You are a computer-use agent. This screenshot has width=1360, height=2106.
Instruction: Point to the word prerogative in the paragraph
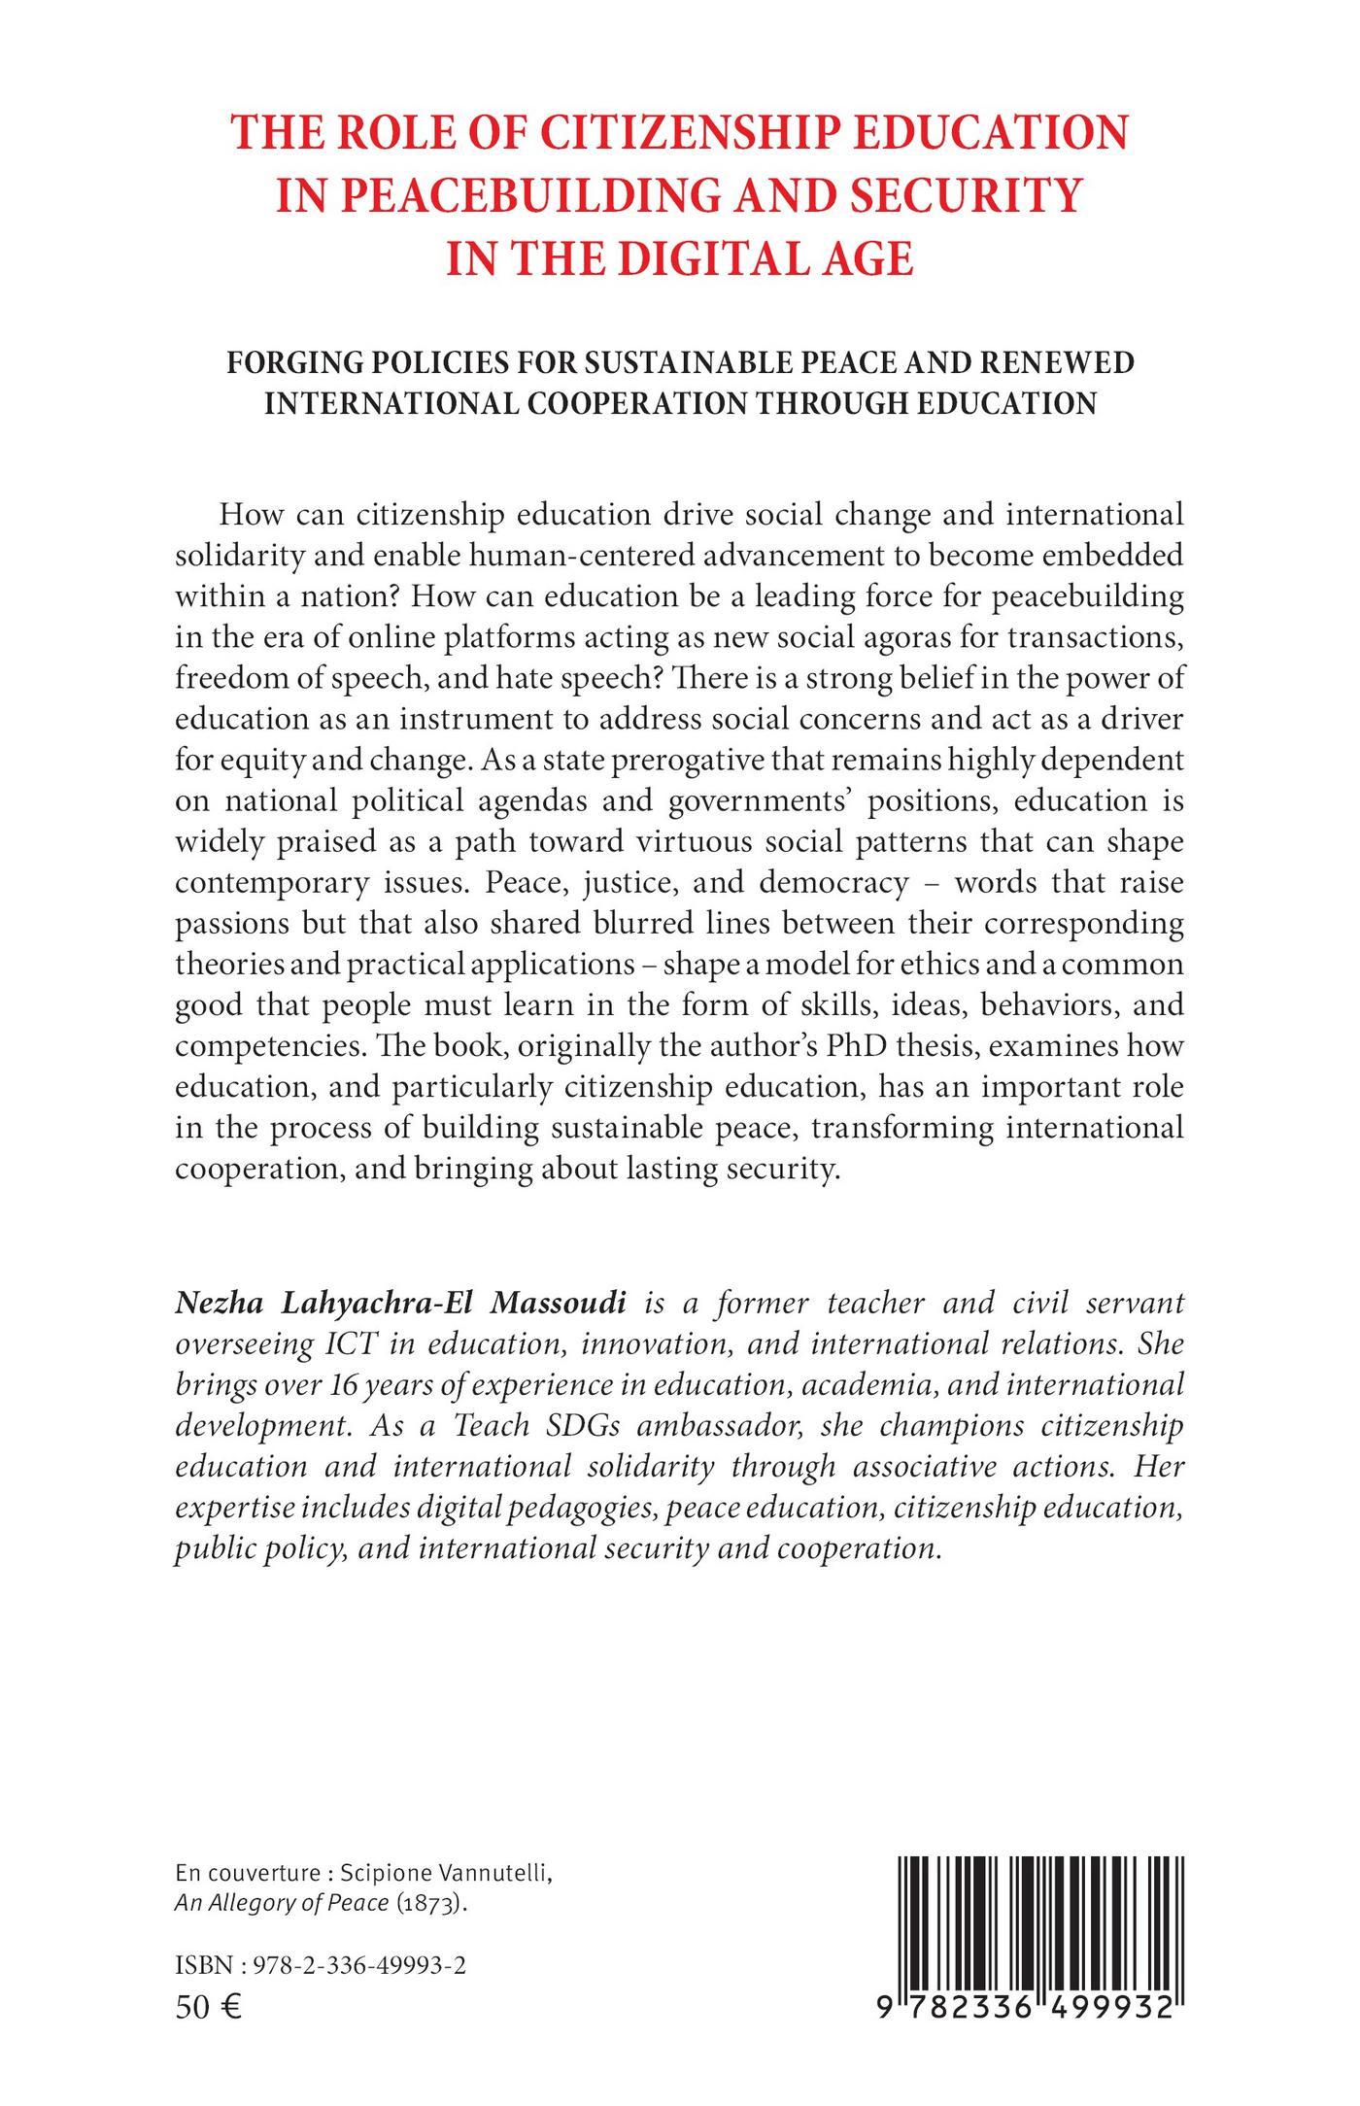pyautogui.click(x=694, y=760)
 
